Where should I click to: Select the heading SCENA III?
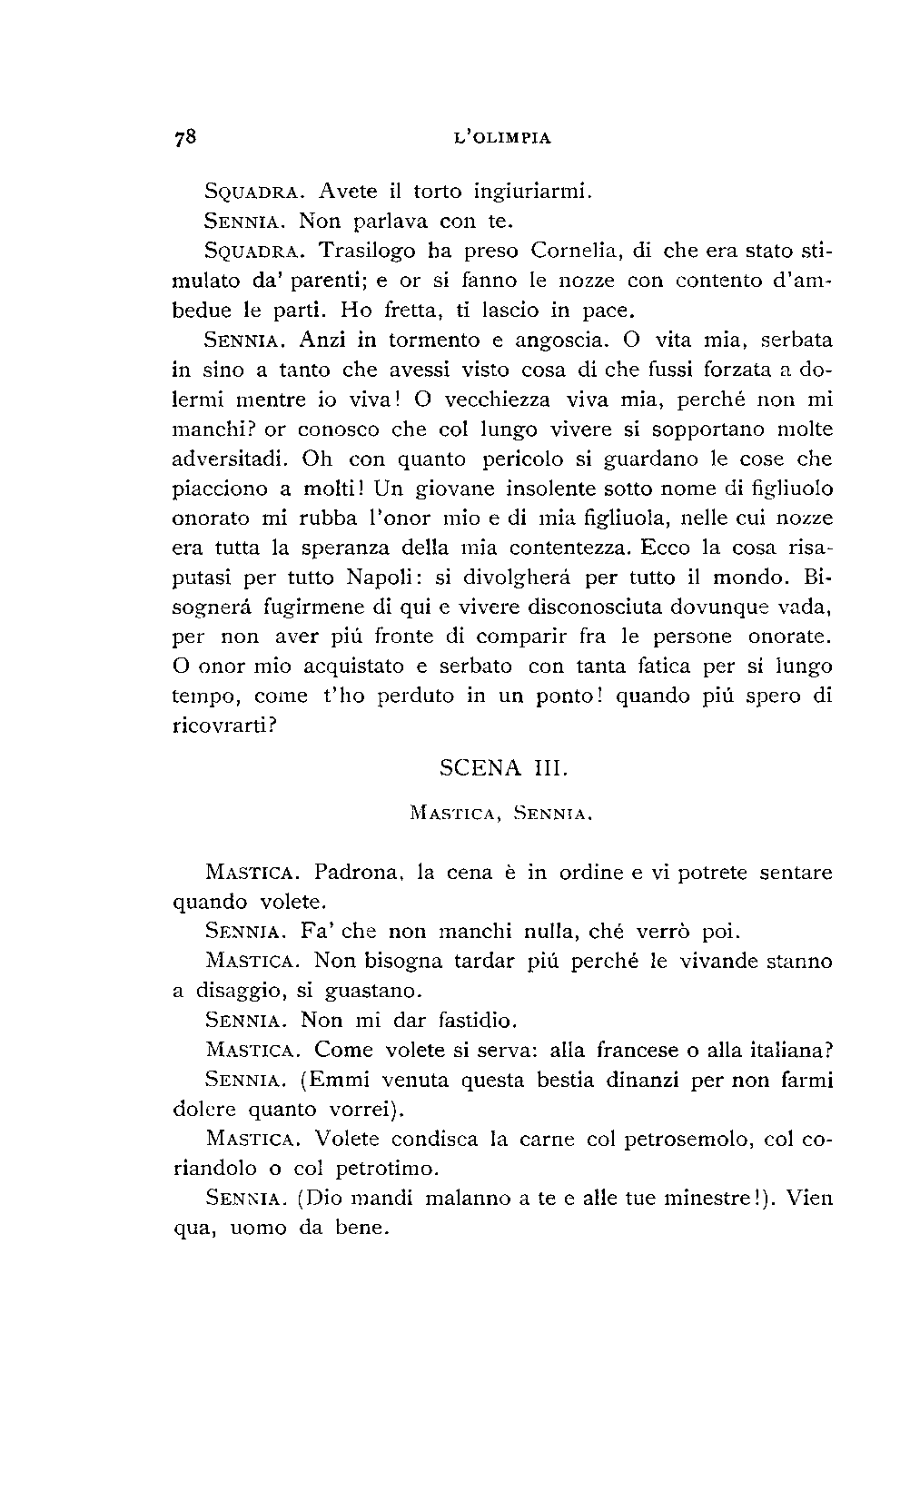[503, 768]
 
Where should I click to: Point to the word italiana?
[789, 1050]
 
